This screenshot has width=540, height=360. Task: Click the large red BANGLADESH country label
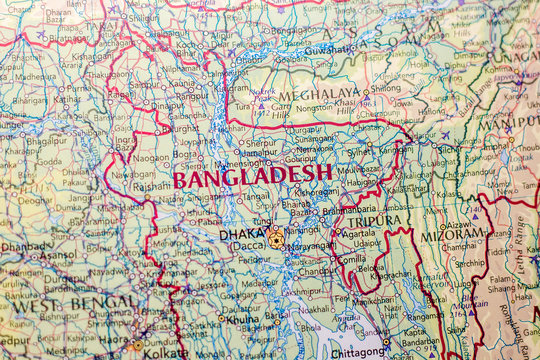coord(253,177)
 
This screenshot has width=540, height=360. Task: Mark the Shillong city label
coord(384,87)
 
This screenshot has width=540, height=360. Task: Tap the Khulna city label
coord(244,320)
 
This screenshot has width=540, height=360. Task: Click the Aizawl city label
coord(460,226)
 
